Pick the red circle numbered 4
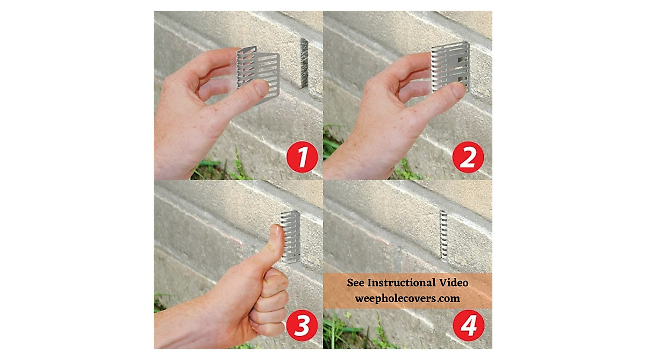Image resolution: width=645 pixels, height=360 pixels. coord(468,326)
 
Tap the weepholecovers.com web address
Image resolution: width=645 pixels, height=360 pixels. coord(407,298)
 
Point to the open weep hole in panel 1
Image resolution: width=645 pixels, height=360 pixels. coord(304,63)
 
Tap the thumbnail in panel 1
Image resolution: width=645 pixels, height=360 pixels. coord(262,88)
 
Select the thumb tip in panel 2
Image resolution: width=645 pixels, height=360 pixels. coord(457,90)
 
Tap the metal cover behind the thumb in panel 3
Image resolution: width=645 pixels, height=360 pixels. coord(291,236)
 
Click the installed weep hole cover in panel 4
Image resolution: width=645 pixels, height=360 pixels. coord(443,235)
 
